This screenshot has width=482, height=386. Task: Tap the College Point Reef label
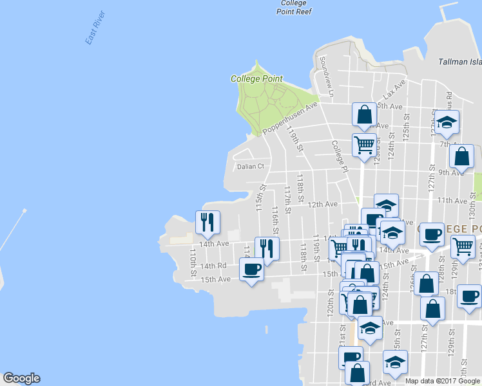(294, 7)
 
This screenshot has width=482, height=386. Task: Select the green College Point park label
(256, 78)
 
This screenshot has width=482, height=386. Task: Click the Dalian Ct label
(251, 166)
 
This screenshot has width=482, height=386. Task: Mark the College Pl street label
(340, 156)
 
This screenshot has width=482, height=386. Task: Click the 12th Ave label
(323, 204)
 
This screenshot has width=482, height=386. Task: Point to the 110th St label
(193, 264)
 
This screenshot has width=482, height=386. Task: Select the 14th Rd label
(213, 266)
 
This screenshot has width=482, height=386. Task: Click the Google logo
(21, 378)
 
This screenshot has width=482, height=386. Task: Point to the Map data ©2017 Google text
(443, 381)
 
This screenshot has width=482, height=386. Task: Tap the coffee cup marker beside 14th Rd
(251, 268)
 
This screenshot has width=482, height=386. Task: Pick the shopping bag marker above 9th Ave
(461, 156)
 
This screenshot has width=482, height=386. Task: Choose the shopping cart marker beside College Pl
(364, 145)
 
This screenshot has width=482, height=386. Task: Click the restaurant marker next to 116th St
(266, 248)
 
